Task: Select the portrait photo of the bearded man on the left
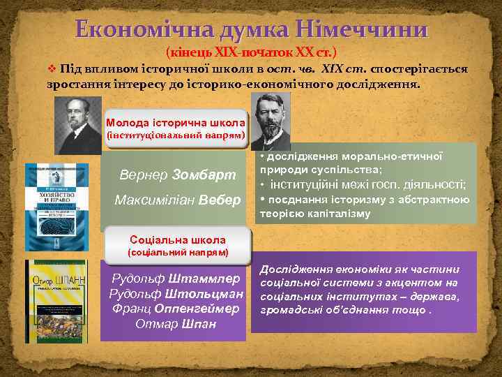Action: pyautogui.click(x=77, y=126)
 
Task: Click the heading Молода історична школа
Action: pyautogui.click(x=175, y=121)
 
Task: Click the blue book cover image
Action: pyautogui.click(x=57, y=206)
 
